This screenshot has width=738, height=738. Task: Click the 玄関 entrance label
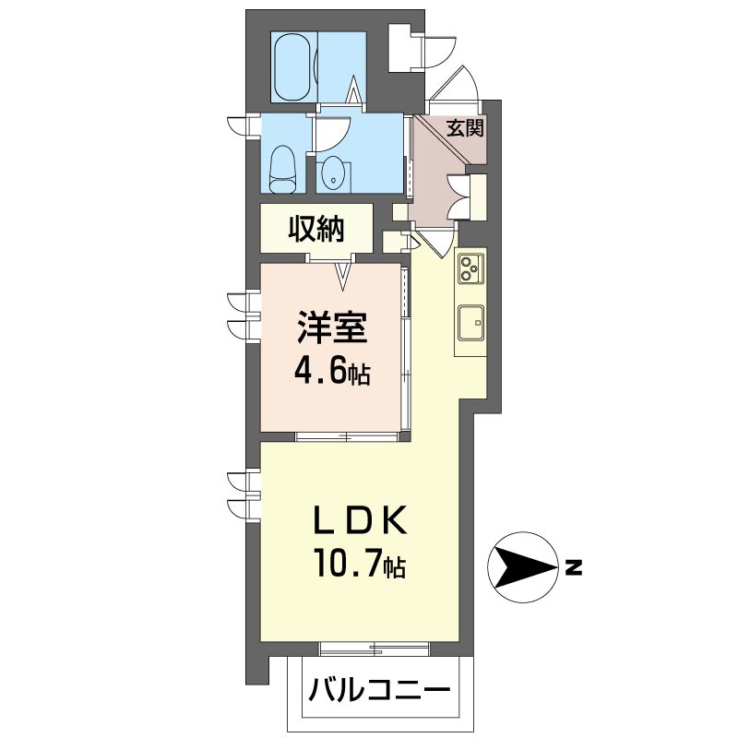[465, 128]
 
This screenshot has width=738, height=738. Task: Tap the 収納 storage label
[316, 229]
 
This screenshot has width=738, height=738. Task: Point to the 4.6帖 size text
[332, 373]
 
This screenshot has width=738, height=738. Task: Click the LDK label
[360, 520]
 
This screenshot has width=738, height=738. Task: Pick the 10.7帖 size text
[360, 563]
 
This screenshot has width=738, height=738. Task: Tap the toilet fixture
[282, 169]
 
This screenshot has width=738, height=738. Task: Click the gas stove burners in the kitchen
[470, 268]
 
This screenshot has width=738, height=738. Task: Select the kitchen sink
[471, 322]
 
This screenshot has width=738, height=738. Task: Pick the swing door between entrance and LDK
[435, 241]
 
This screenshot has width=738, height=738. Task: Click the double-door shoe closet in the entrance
[468, 196]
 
